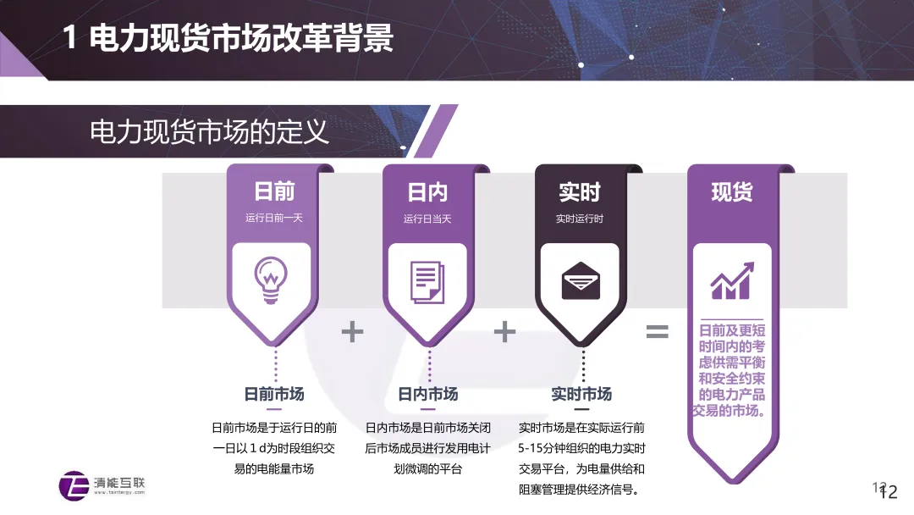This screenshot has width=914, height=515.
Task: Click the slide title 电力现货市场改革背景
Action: click(x=228, y=39)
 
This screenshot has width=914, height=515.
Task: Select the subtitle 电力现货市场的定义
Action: click(x=209, y=133)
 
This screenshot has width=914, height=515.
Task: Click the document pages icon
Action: click(x=427, y=281)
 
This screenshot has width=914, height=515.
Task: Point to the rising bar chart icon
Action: click(x=732, y=280)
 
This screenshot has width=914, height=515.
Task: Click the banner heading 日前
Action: click(x=274, y=192)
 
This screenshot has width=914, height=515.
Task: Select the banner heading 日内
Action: click(x=427, y=192)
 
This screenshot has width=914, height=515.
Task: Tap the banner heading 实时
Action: click(x=580, y=192)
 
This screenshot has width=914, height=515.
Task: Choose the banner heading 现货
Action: click(x=732, y=192)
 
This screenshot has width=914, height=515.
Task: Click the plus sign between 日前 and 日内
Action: click(x=352, y=331)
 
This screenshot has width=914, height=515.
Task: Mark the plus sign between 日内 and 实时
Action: click(x=504, y=331)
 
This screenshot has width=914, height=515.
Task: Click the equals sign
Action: click(x=658, y=331)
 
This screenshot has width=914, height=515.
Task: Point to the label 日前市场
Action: click(x=274, y=394)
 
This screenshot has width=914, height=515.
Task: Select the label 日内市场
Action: click(x=428, y=394)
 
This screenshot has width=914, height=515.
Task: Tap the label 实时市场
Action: click(x=581, y=394)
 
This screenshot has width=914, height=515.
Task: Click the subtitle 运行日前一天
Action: click(x=274, y=218)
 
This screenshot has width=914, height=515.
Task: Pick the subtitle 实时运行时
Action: click(x=580, y=218)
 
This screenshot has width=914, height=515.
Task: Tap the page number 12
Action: click(x=888, y=492)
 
